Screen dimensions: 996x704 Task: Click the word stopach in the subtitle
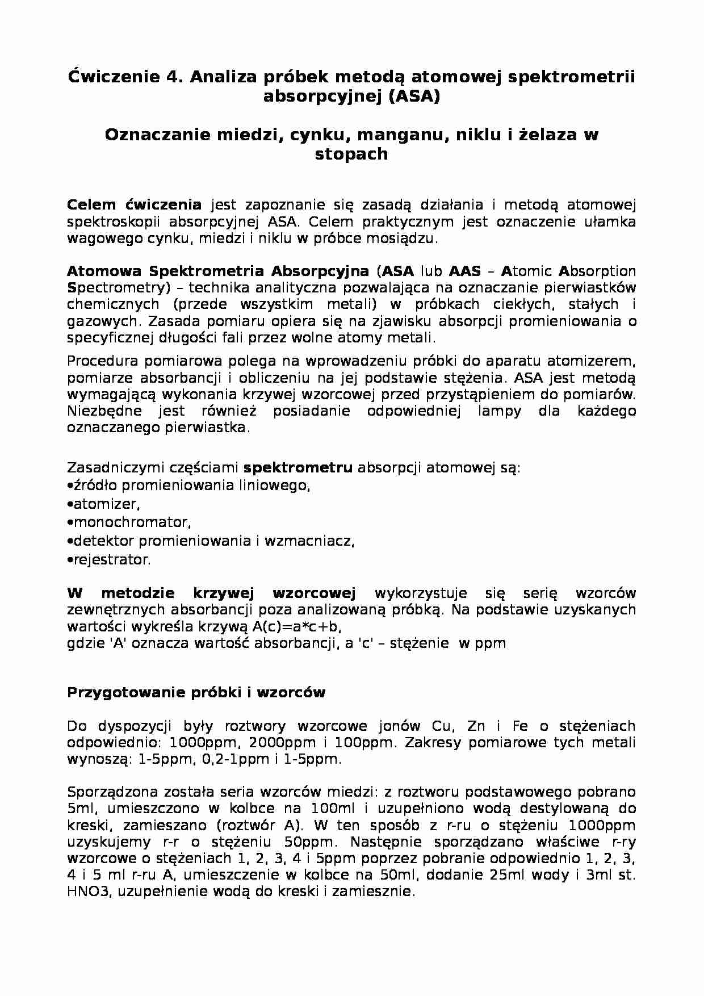(351, 154)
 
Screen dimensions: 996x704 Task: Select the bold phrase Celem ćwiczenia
(134, 204)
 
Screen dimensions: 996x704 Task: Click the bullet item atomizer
(105, 504)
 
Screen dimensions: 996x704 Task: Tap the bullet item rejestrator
(111, 560)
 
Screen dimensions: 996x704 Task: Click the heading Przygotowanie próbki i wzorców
(196, 692)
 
